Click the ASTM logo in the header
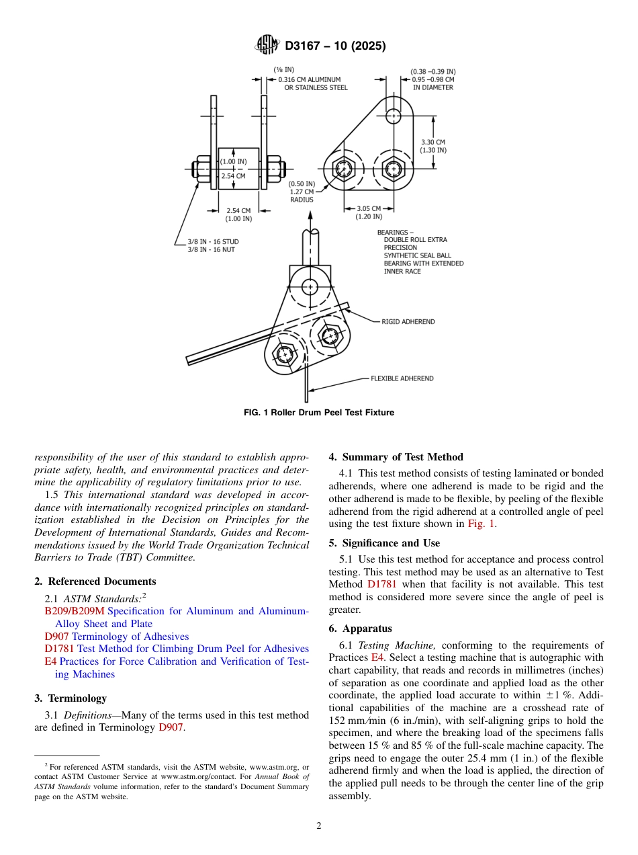(x=267, y=45)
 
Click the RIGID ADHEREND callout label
(x=408, y=322)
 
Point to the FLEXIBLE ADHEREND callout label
(x=402, y=378)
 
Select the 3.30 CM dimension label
(x=433, y=142)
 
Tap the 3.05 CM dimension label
(x=369, y=208)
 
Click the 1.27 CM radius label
(x=302, y=192)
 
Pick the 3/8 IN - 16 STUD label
(x=213, y=241)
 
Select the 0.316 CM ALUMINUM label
(x=310, y=80)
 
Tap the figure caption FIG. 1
(x=318, y=412)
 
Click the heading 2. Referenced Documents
(x=95, y=581)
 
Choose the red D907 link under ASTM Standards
(x=57, y=636)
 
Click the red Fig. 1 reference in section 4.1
(x=483, y=524)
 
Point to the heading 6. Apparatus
(x=360, y=628)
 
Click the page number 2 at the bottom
(x=319, y=825)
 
